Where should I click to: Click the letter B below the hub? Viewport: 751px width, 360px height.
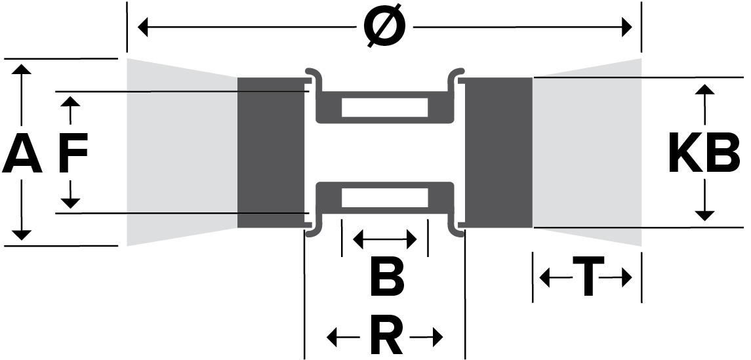coord(386,277)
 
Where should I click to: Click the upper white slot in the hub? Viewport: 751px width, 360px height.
coord(384,107)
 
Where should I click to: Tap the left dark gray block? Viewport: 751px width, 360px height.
coord(270,153)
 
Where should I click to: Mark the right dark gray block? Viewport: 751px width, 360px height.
coord(498,153)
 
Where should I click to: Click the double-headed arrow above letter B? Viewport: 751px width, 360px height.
coord(385,239)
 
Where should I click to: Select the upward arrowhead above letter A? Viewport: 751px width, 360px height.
coord(22,70)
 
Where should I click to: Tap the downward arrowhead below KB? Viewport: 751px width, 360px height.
coord(704,214)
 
